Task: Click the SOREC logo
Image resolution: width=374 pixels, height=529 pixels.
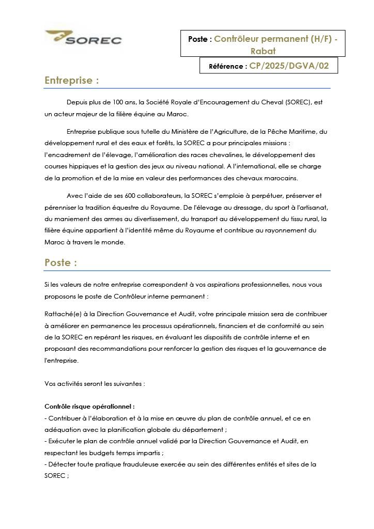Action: [x=83, y=38]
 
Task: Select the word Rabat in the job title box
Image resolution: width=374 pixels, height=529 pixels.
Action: [x=263, y=51]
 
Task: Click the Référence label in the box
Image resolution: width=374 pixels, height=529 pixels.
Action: [x=228, y=66]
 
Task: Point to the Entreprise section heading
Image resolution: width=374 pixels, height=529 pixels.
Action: [x=71, y=81]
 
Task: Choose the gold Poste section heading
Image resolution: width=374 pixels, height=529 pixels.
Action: [x=60, y=262]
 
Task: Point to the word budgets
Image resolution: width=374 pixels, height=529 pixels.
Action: [x=102, y=453]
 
